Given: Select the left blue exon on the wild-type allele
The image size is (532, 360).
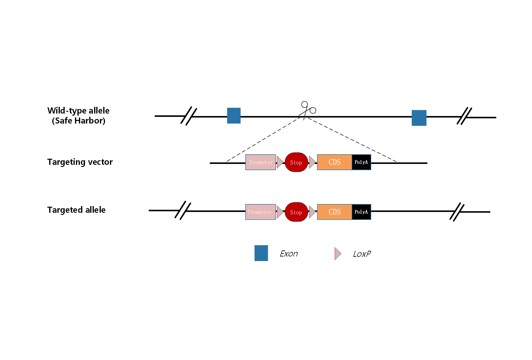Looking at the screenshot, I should click(234, 116).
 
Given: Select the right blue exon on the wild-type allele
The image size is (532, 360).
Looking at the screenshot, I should click(419, 118).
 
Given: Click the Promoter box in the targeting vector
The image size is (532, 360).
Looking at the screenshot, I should click(261, 162).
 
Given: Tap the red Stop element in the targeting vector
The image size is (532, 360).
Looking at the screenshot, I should click(296, 162).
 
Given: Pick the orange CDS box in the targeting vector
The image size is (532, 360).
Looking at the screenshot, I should click(334, 162).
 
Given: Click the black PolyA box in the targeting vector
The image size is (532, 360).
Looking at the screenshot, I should click(361, 162).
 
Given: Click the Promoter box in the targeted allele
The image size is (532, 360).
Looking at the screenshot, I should click(261, 212).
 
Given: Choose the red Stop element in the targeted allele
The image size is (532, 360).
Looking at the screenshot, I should click(296, 212).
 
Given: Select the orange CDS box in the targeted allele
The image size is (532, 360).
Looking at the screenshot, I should click(334, 212).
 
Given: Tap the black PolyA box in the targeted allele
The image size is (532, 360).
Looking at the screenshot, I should click(361, 212).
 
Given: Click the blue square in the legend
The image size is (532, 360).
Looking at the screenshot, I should click(261, 253).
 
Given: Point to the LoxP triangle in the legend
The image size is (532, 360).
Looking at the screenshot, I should click(338, 253).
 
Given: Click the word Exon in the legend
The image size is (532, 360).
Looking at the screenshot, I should click(289, 253).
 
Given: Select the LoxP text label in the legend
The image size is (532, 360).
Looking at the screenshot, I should click(362, 254).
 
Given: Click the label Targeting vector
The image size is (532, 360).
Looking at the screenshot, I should click(80, 162).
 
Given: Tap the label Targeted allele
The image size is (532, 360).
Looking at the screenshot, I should click(77, 210).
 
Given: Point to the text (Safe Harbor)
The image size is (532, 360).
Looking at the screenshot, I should click(79, 121).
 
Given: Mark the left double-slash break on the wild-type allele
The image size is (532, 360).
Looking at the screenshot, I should click(189, 116).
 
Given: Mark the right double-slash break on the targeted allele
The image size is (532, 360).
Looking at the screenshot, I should click(457, 212).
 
